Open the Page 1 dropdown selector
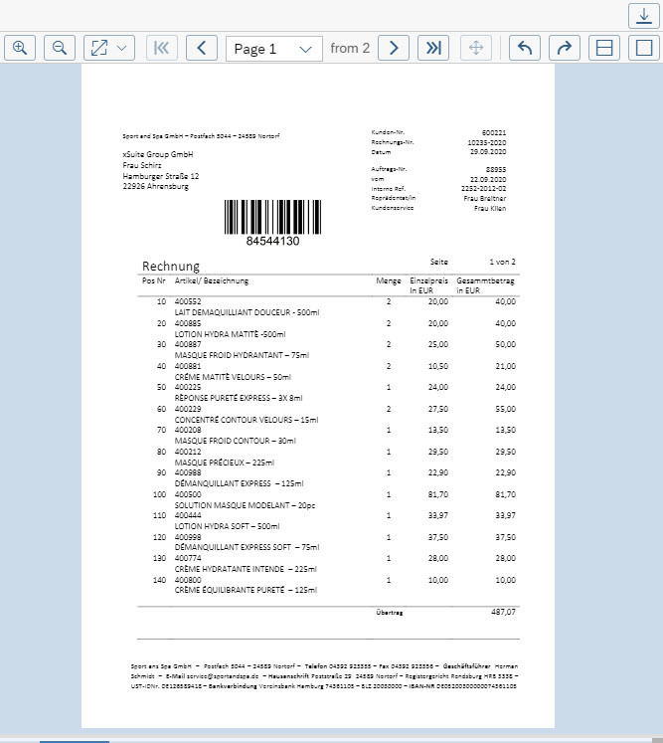[x=273, y=48]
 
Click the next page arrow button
[x=394, y=48]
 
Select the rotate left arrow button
[x=525, y=48]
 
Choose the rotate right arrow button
[x=563, y=48]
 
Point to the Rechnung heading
[x=171, y=267]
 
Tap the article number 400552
[x=188, y=301]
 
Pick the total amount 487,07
[x=504, y=613]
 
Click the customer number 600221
[x=494, y=132]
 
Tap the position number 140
[x=159, y=579]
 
